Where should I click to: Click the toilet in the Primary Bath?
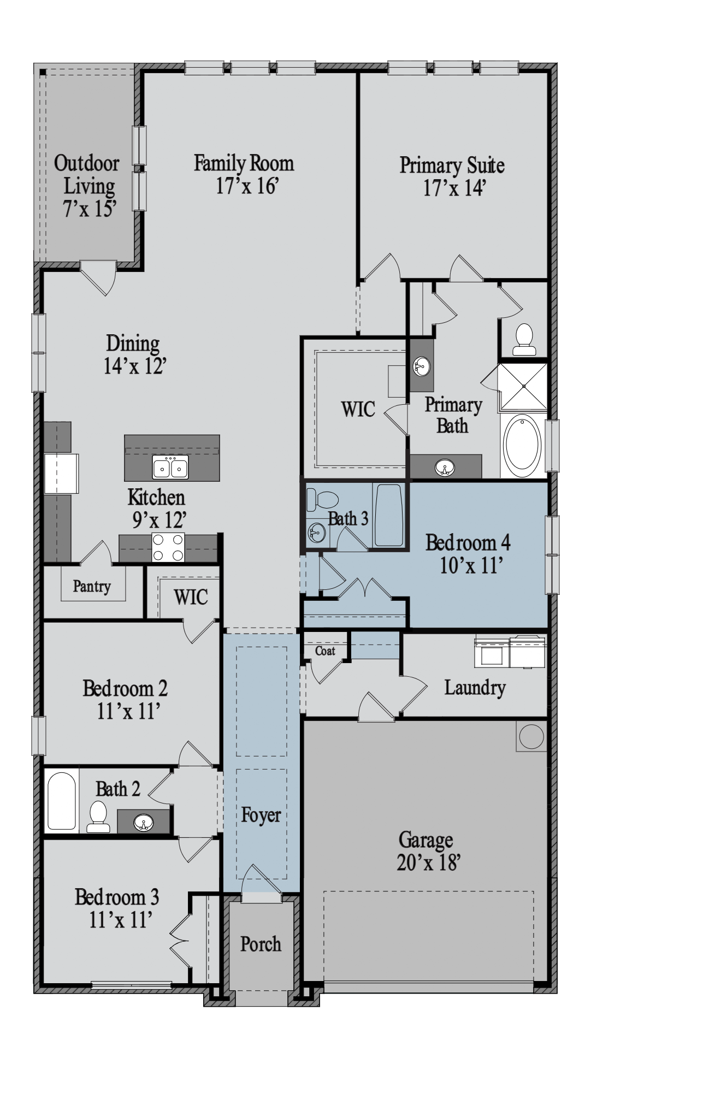pos(524,340)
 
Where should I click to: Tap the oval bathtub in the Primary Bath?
pos(523,444)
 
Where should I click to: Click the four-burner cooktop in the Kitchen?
pos(168,547)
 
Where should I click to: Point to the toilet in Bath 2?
pos(98,816)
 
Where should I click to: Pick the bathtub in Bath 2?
pos(61,801)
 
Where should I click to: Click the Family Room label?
pos(244,163)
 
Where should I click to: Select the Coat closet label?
pos(325,651)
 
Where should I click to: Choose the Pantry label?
pos(92,587)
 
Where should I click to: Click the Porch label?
pos(261,944)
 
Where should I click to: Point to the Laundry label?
pos(475,688)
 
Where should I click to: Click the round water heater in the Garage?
pos(531,737)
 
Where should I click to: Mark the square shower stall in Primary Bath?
pos(524,386)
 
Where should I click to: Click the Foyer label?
pos(261,815)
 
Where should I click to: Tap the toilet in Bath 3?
pos(322,499)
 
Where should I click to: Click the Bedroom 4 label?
pos(468,543)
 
